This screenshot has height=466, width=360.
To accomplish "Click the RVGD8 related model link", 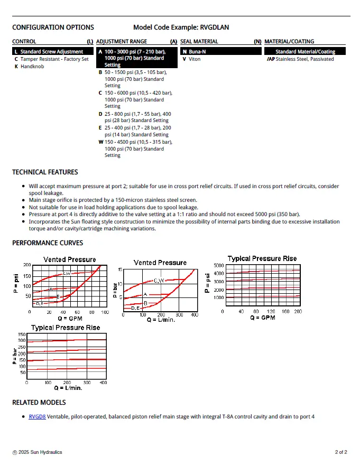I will pos(37,417).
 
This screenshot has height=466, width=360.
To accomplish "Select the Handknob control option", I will pos(32,67).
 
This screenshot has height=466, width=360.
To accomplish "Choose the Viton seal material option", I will pos(195,59).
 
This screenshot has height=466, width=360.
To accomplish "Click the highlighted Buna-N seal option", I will pos(198,52).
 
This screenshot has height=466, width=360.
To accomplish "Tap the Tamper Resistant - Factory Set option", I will pos(54,59).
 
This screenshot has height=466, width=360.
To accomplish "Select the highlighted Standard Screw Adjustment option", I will pos(51,52).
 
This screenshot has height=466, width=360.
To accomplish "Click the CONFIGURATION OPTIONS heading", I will pos(53,27).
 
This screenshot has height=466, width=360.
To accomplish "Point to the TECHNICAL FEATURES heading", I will pos(45,172).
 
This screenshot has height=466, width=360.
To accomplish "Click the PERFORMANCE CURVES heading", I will pos(48,243).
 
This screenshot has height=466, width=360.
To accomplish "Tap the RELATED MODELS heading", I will pos(39,403).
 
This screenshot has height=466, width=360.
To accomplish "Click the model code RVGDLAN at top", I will pos(215,27).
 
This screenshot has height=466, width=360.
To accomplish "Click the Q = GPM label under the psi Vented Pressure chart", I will pos(69,319).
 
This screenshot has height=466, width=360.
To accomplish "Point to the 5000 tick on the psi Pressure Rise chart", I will pos(218,265).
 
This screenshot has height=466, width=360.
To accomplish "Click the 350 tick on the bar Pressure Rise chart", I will pos(22,334).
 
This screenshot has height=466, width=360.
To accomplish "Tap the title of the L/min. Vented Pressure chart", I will pos(160,263).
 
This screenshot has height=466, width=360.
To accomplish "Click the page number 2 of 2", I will pos(341,452).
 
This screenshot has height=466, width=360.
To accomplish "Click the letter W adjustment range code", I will pos(100,142).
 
